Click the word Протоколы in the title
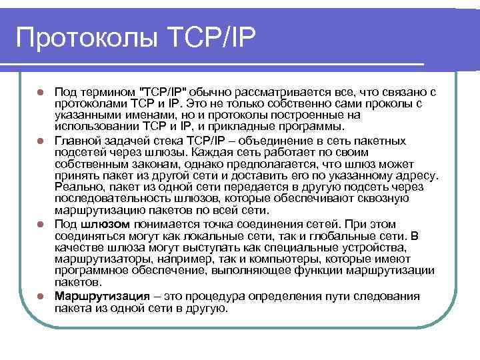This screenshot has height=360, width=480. click(85, 37)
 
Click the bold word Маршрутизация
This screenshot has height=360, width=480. click(100, 296)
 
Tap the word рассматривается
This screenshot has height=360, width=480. click(290, 92)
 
